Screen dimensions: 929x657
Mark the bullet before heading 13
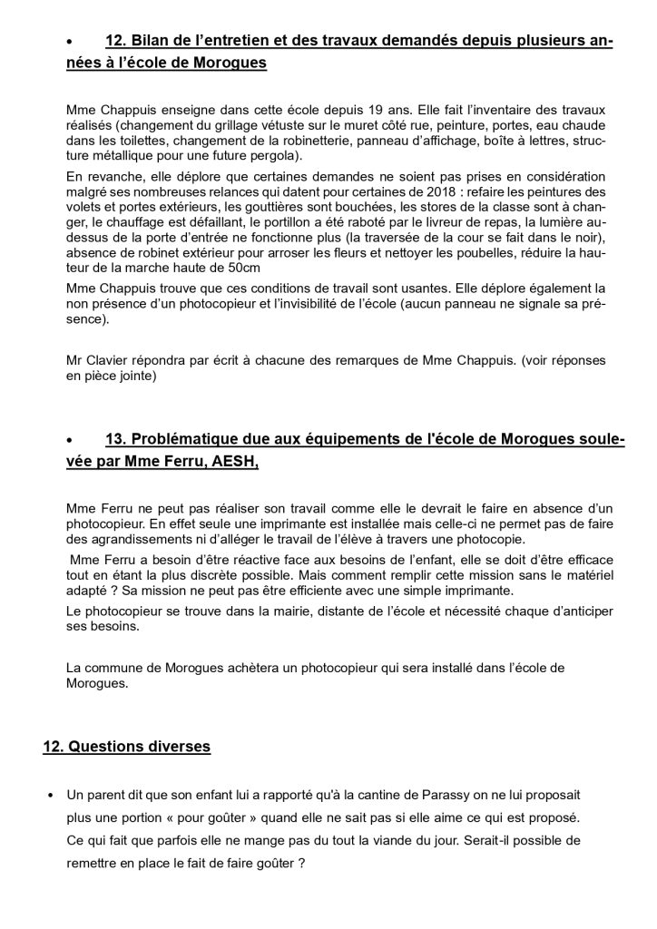pos(71,441)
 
